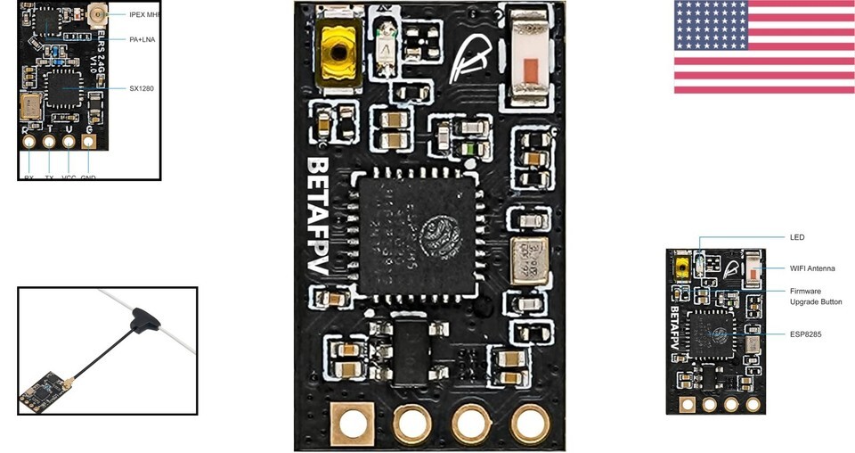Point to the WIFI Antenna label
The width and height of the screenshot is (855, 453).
[x=812, y=268]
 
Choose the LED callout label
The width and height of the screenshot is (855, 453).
[x=797, y=237]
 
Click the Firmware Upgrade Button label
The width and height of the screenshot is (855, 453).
[x=816, y=297]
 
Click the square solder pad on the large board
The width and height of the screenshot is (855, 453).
[x=353, y=422]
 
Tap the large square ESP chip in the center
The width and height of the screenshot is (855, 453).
[x=418, y=232]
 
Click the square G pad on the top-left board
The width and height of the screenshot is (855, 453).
[x=89, y=140]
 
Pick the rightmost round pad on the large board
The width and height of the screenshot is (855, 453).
[x=530, y=424]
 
